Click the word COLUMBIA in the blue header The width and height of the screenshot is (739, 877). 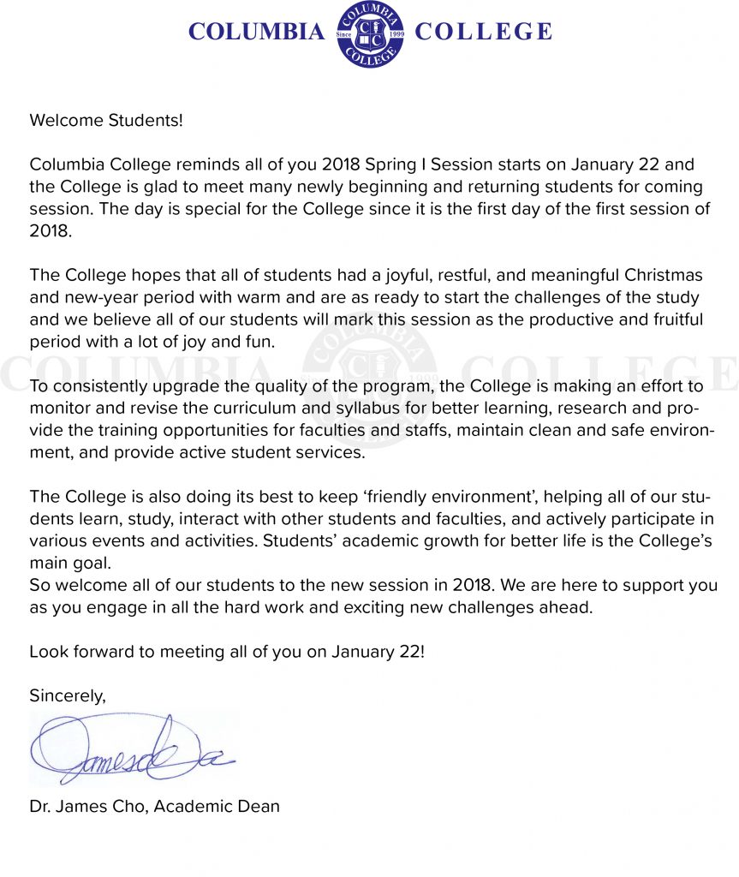coord(256,33)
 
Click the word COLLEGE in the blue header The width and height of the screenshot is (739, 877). coord(483,33)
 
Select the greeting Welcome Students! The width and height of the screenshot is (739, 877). coord(106,120)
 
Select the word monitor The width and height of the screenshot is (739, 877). coord(59,409)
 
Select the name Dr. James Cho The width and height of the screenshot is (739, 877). coord(86,807)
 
